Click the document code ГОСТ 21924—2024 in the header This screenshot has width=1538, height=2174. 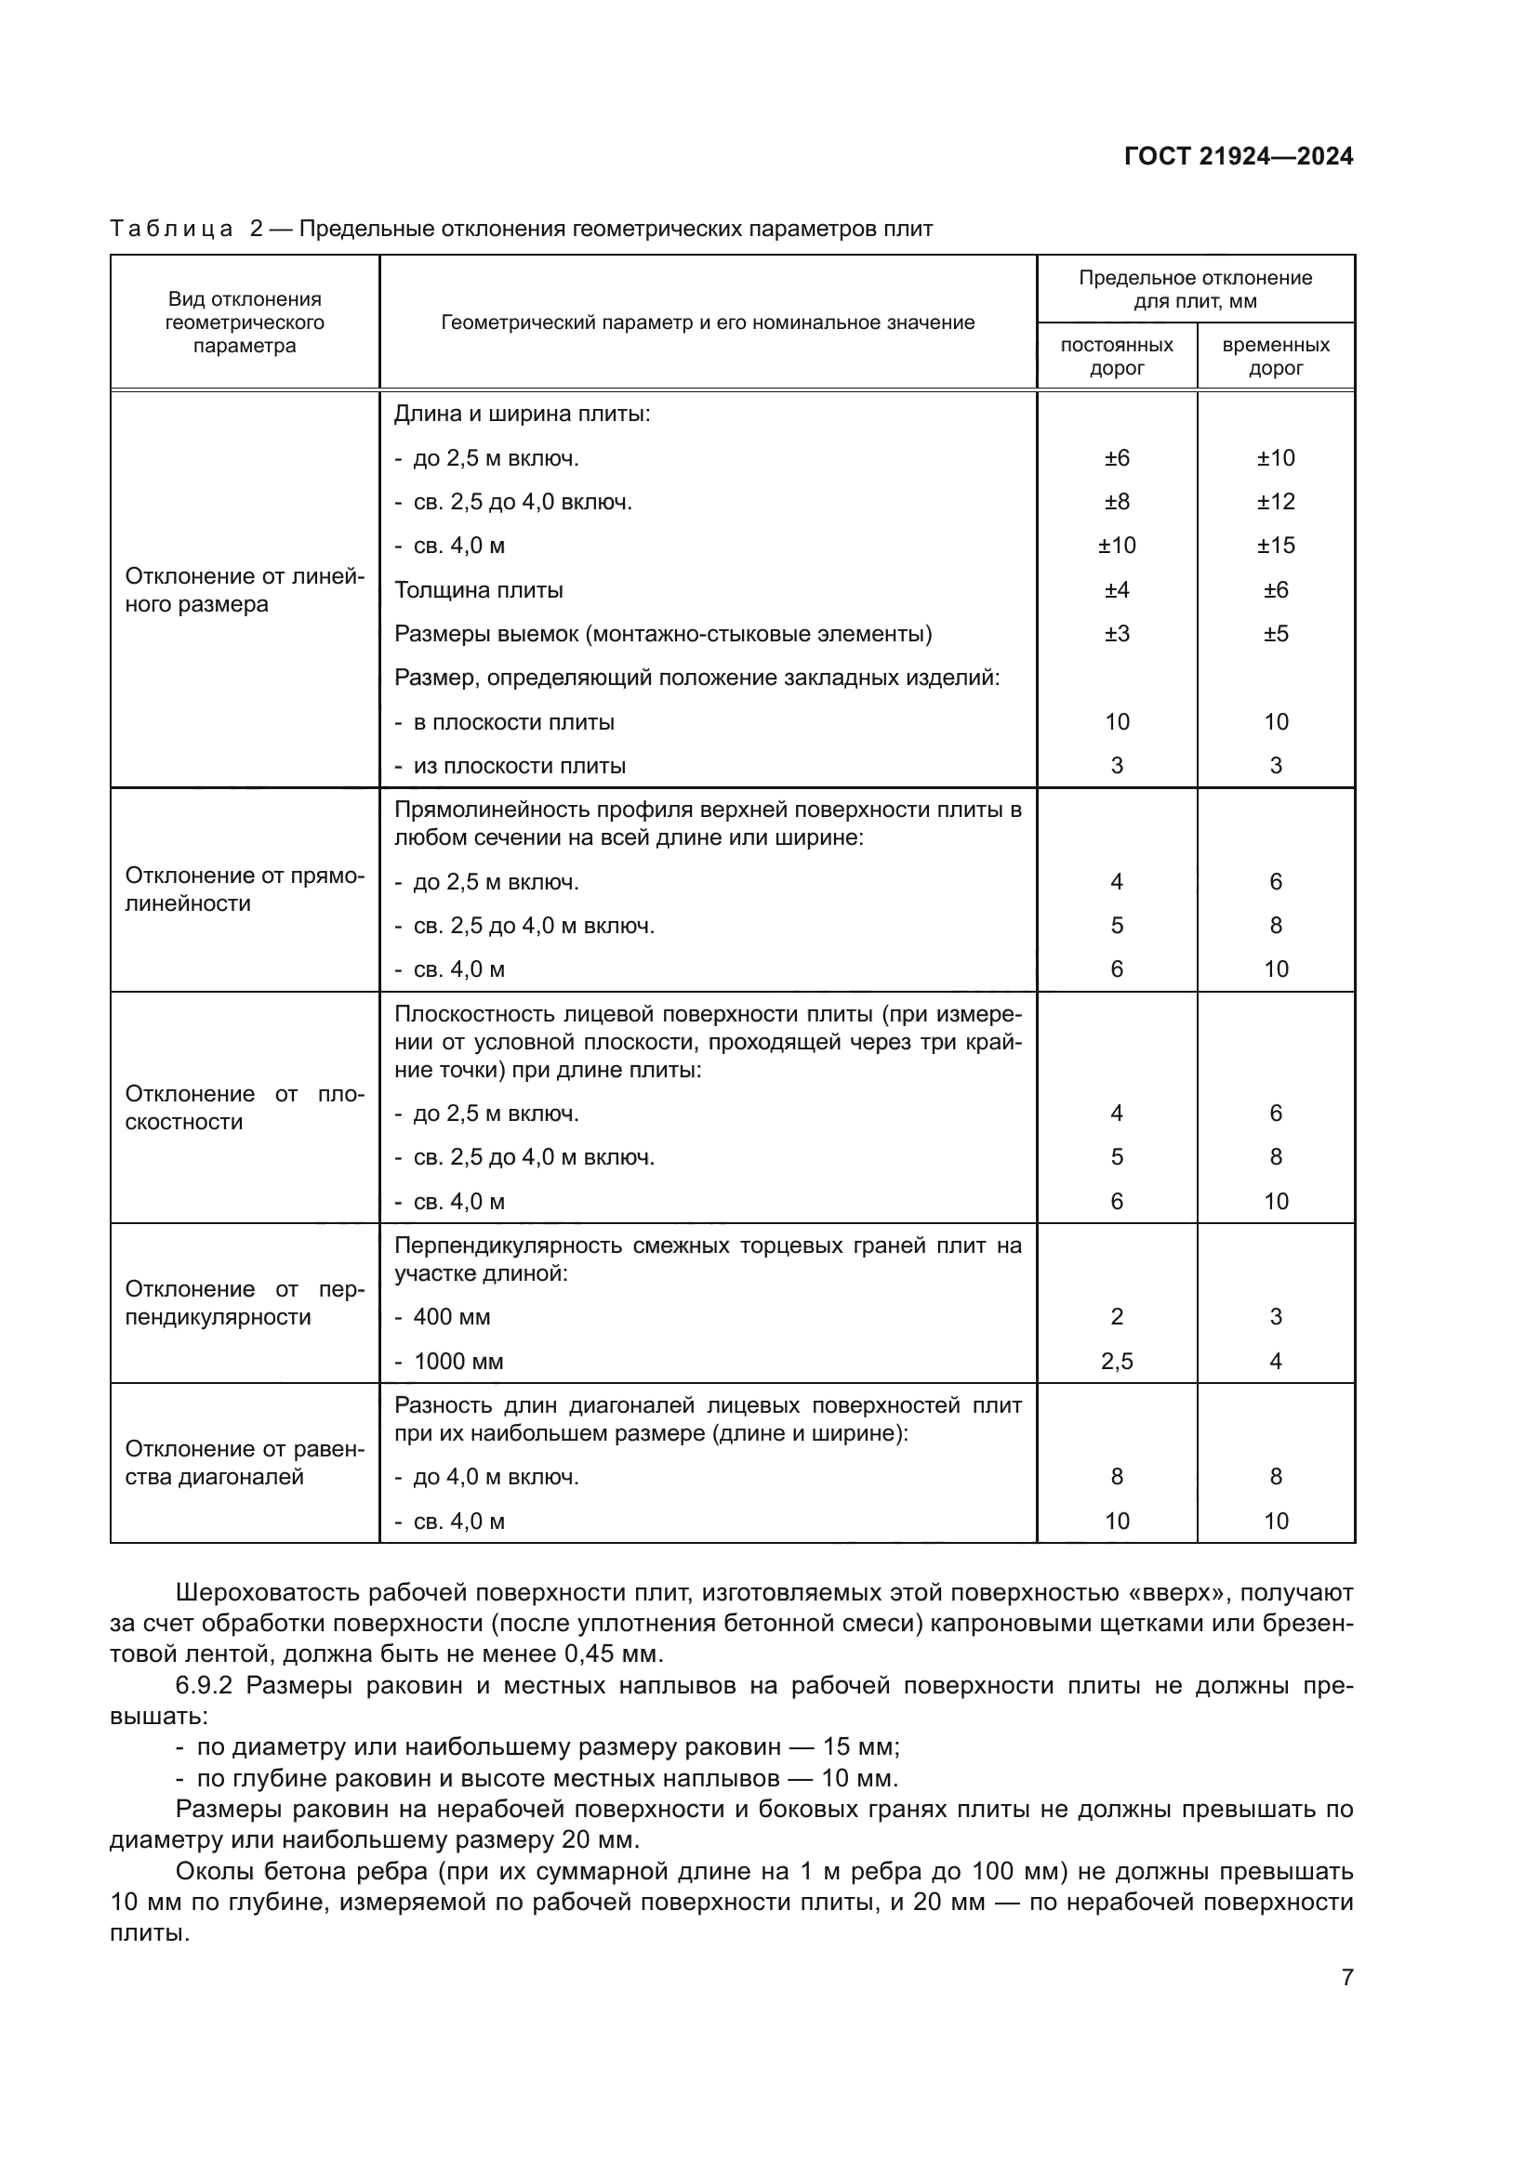click(1238, 156)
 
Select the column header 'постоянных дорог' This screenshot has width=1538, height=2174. click(1117, 356)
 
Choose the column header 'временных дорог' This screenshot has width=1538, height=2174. click(1275, 356)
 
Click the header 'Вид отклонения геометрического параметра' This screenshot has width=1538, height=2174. click(245, 322)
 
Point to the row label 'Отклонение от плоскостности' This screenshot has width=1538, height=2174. click(245, 1108)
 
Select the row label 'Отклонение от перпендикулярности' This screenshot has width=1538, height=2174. click(245, 1303)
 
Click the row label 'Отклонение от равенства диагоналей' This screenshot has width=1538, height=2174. click(245, 1463)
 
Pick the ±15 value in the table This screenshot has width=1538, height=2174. click(1276, 546)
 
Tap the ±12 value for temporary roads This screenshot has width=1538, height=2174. click(1276, 502)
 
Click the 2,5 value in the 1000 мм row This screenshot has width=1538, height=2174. click(1117, 1362)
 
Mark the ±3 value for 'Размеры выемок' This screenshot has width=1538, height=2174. click(1117, 634)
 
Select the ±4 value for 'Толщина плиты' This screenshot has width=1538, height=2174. click(1117, 590)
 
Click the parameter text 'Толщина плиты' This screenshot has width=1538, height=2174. click(478, 590)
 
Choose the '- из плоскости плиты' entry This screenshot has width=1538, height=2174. click(511, 765)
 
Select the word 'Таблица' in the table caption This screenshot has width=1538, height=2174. click(170, 230)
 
